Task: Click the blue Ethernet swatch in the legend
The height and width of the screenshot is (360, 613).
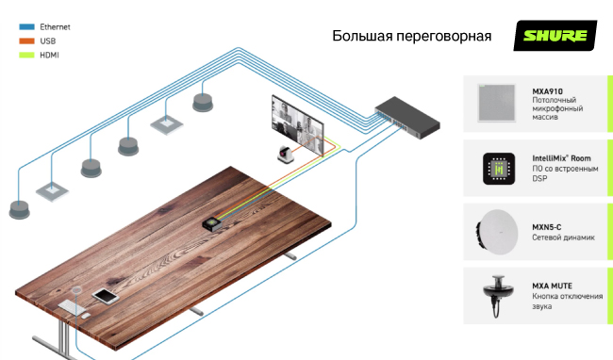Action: (x=25, y=28)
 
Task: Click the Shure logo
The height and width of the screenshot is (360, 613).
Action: (x=555, y=37)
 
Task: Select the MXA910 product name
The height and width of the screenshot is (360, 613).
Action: (x=548, y=90)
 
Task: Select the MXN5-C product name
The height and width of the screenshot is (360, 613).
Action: (x=546, y=227)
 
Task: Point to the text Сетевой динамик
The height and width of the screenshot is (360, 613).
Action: (x=563, y=237)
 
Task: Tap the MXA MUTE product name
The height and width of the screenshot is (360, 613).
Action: (x=552, y=286)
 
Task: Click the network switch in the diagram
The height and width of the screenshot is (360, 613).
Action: (x=406, y=112)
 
